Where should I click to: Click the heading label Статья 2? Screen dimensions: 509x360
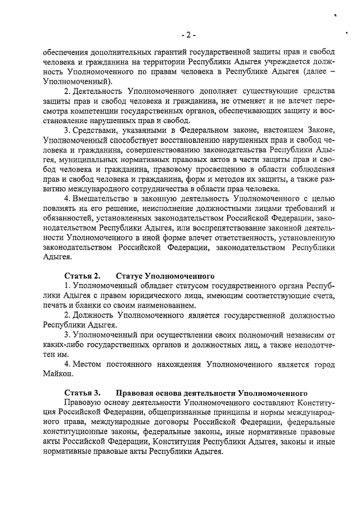[82, 276]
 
